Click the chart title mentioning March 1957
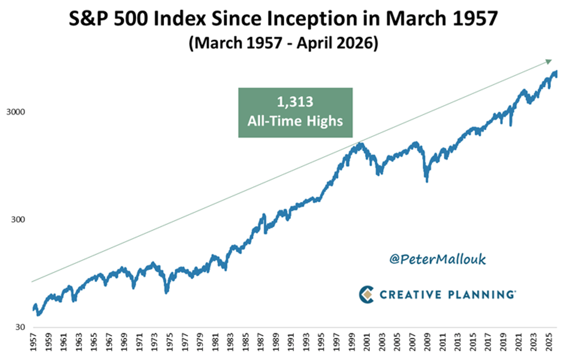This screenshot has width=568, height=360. tap(284, 21)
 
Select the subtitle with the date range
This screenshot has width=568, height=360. tap(284, 45)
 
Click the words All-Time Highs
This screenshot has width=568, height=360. tap(295, 121)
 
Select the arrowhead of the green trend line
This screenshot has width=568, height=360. tap(549, 61)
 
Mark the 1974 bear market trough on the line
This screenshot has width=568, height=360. tap(166, 292)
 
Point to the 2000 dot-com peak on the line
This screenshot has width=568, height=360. tap(361, 144)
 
